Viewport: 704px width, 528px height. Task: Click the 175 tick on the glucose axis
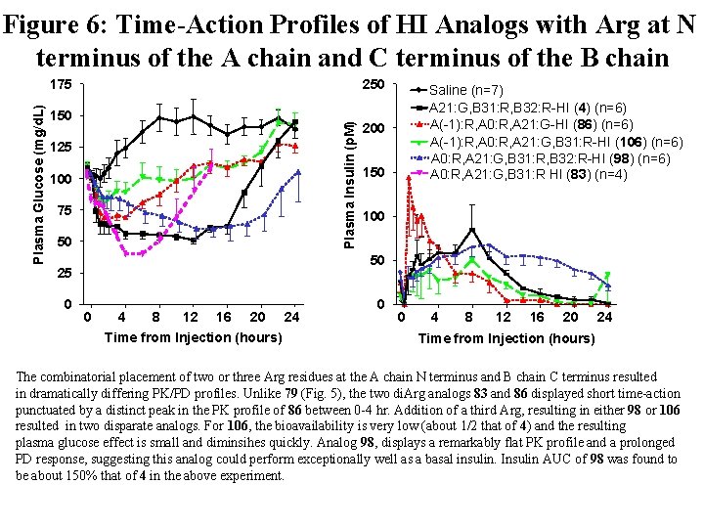[x=63, y=85]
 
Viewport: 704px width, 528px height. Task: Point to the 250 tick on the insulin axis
[x=372, y=85]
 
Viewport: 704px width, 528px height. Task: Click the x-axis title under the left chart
[x=193, y=337]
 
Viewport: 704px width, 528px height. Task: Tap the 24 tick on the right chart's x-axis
[x=605, y=317]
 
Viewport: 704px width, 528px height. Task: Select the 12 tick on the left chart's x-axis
[x=191, y=317]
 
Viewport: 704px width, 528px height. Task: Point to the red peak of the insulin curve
[x=408, y=178]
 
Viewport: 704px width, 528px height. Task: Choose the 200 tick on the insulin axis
[x=372, y=129]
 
